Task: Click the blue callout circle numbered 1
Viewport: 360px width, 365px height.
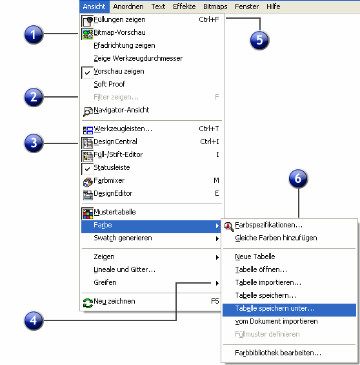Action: (x=34, y=34)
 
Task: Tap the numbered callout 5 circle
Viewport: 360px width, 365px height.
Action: (x=259, y=40)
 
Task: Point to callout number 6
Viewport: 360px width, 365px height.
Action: (x=298, y=178)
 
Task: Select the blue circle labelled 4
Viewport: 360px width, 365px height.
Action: (x=34, y=320)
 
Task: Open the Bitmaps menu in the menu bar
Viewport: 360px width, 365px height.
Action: (x=215, y=6)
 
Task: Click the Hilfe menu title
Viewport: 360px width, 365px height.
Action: (x=273, y=6)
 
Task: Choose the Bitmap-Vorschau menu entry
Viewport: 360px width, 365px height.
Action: (x=119, y=32)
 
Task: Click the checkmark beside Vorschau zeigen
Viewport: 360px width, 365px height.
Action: (x=87, y=73)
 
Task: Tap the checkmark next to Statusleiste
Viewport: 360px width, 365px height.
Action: (x=87, y=169)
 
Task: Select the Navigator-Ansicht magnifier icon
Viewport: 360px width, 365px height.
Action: (x=88, y=112)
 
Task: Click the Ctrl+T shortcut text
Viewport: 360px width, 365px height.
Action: (x=208, y=129)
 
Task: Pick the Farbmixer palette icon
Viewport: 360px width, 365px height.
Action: (x=88, y=182)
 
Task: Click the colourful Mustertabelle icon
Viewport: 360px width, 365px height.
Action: (x=88, y=214)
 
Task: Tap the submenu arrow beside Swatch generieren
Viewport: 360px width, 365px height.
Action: (x=217, y=238)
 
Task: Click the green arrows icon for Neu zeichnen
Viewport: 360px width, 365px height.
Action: (x=88, y=303)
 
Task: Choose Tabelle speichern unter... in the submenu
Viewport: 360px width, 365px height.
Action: (x=275, y=308)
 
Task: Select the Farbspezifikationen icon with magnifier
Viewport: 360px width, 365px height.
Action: (x=229, y=227)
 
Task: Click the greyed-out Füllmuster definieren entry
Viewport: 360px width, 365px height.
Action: (x=267, y=334)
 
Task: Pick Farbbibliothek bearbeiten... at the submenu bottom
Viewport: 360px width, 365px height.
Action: (x=278, y=353)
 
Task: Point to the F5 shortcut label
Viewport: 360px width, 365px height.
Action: (x=215, y=301)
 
